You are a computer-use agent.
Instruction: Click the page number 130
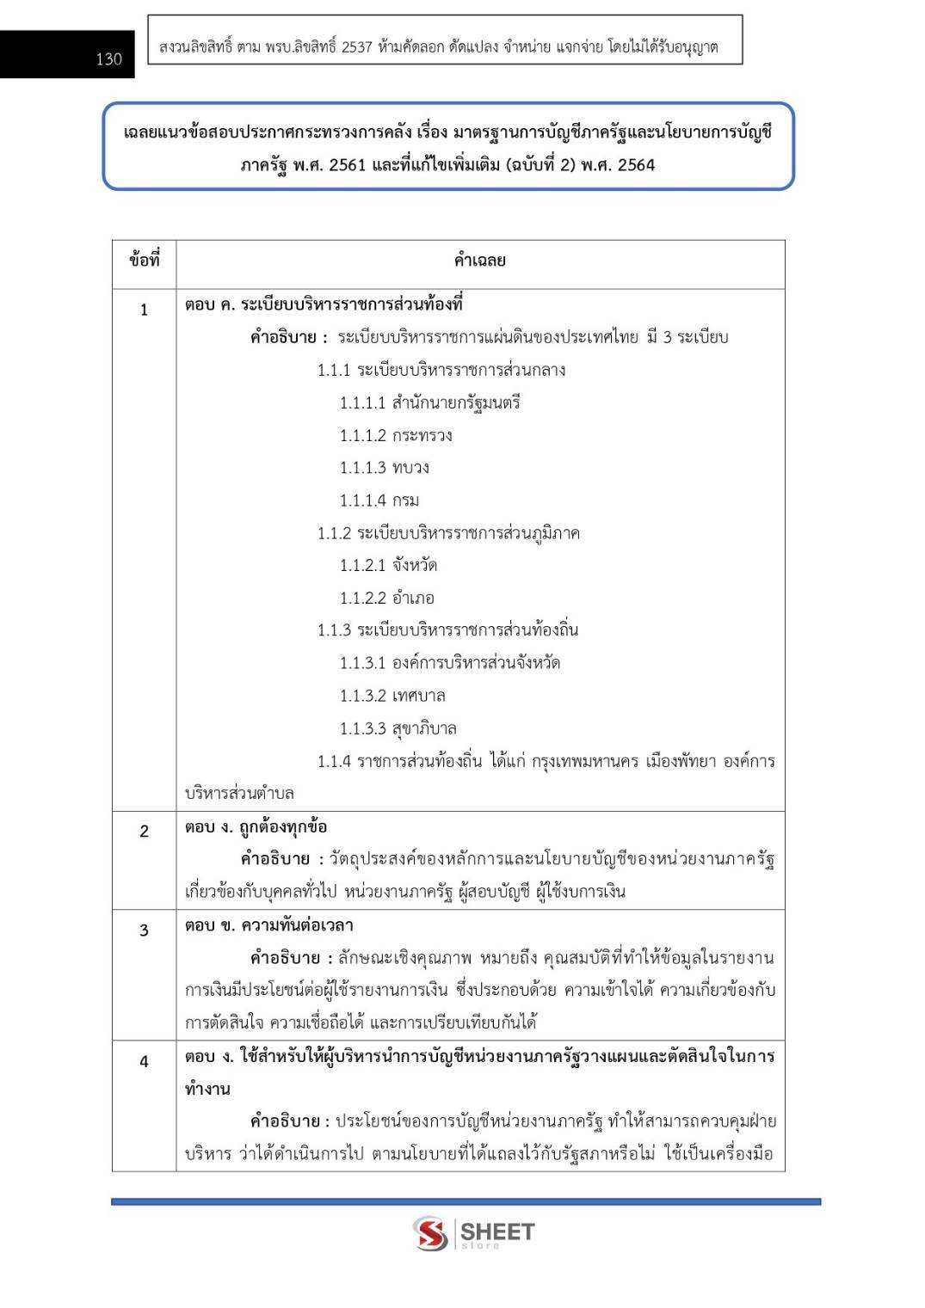108,59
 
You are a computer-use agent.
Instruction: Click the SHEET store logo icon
430,1233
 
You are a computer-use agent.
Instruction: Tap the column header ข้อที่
144,261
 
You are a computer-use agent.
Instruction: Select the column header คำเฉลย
479,261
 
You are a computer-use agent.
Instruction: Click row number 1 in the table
144,310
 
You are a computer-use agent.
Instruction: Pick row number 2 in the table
144,831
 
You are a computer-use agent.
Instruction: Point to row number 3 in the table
144,930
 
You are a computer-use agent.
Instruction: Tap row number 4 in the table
144,1061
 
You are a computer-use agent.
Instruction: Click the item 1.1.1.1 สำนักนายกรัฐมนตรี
429,402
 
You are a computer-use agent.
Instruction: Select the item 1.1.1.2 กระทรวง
396,435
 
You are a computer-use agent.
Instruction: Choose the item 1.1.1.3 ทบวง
384,468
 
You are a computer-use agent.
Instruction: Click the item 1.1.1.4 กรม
379,500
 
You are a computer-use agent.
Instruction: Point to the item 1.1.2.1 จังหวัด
388,565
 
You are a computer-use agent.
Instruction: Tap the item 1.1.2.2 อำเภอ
386,598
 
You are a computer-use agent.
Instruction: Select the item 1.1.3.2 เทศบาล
392,696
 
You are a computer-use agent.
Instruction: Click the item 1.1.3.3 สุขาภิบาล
398,728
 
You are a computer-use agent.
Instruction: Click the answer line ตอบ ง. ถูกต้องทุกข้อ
256,826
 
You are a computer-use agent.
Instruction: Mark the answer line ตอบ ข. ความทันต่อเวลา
268,925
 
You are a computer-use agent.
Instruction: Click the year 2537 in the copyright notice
356,47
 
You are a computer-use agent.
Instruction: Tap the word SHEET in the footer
497,1231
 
